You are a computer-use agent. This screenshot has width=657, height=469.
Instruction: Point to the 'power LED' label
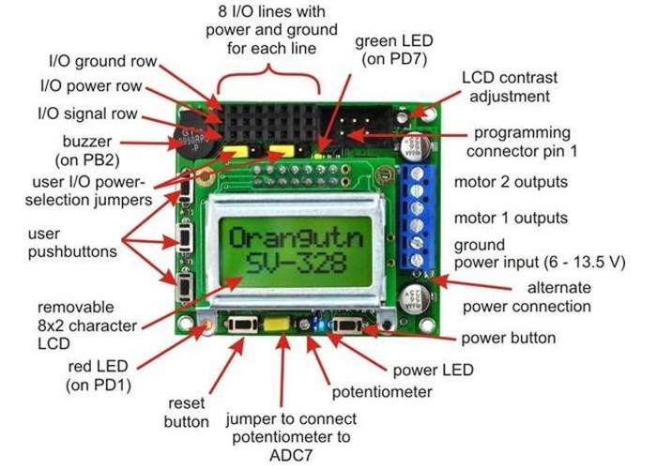point(432,369)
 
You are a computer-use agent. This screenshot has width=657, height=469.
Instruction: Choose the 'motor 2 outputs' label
point(510,180)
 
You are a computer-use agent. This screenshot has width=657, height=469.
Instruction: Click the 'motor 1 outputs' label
point(510,218)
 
